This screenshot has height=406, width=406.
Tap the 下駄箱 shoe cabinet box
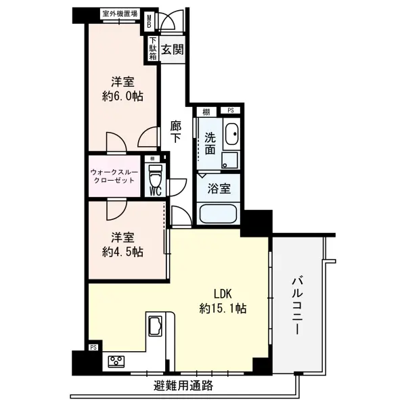(154, 49)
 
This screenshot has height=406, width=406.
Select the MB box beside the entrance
(151, 22)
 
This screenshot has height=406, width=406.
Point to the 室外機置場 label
(120, 14)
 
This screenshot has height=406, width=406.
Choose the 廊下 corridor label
(176, 131)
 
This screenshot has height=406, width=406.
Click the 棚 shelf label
(206, 111)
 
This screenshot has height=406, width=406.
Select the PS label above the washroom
(231, 111)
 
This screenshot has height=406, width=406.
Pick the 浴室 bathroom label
(219, 189)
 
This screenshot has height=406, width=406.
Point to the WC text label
(154, 191)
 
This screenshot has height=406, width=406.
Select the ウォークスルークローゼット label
(114, 178)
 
